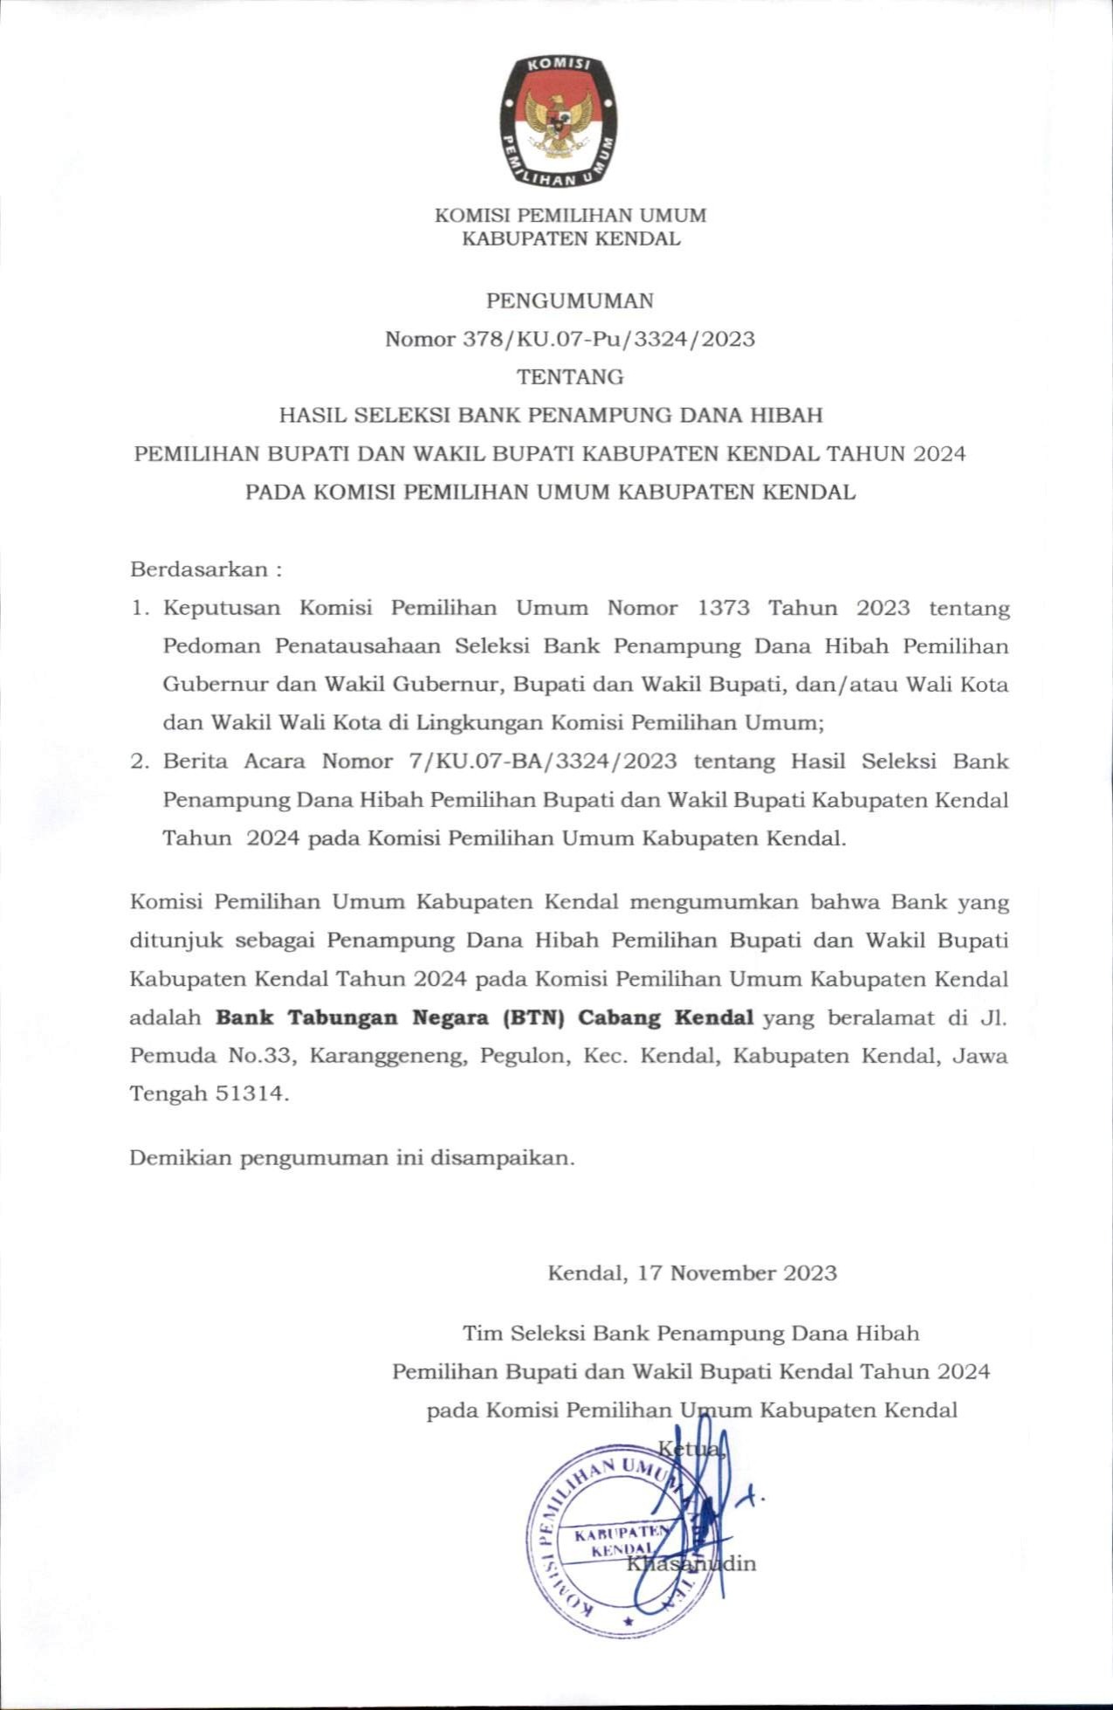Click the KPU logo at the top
pyautogui.click(x=559, y=121)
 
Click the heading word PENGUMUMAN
pyautogui.click(x=569, y=301)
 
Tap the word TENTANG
pyautogui.click(x=570, y=377)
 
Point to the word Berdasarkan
pyautogui.click(x=199, y=570)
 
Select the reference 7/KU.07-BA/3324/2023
pyautogui.click(x=541, y=762)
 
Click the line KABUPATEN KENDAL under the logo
pyautogui.click(x=570, y=238)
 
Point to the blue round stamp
pyautogui.click(x=602, y=1541)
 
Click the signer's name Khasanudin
pyautogui.click(x=690, y=1563)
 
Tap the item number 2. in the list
pyautogui.click(x=140, y=762)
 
